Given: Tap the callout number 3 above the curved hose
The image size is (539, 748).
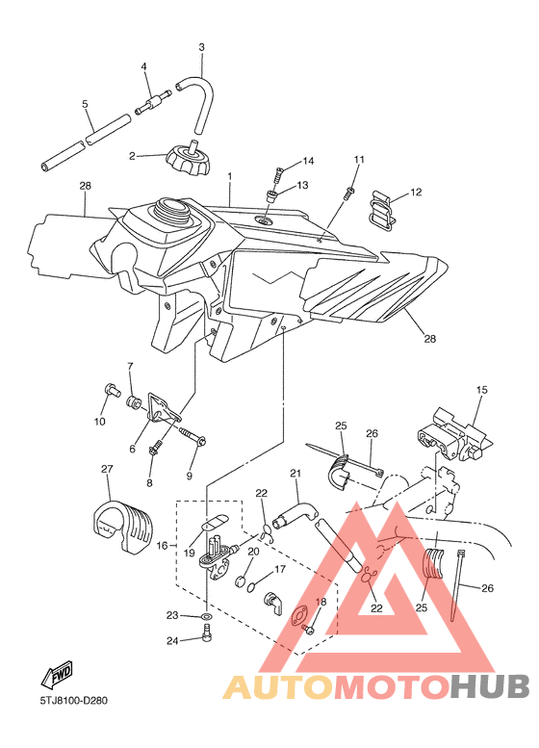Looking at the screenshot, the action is (x=201, y=47).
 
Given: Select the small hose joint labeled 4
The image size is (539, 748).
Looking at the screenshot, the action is (x=153, y=103).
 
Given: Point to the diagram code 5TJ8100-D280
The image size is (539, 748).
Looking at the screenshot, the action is (x=73, y=701).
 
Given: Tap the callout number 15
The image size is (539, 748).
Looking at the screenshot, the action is (x=482, y=390).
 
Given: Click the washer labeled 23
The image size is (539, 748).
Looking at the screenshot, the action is (x=207, y=617).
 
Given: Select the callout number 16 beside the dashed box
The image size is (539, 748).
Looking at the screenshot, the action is (x=162, y=545).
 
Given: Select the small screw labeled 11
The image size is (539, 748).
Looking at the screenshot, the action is (x=348, y=193).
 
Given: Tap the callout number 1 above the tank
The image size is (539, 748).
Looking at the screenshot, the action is (x=229, y=176).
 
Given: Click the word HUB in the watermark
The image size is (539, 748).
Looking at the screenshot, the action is (x=491, y=687).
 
